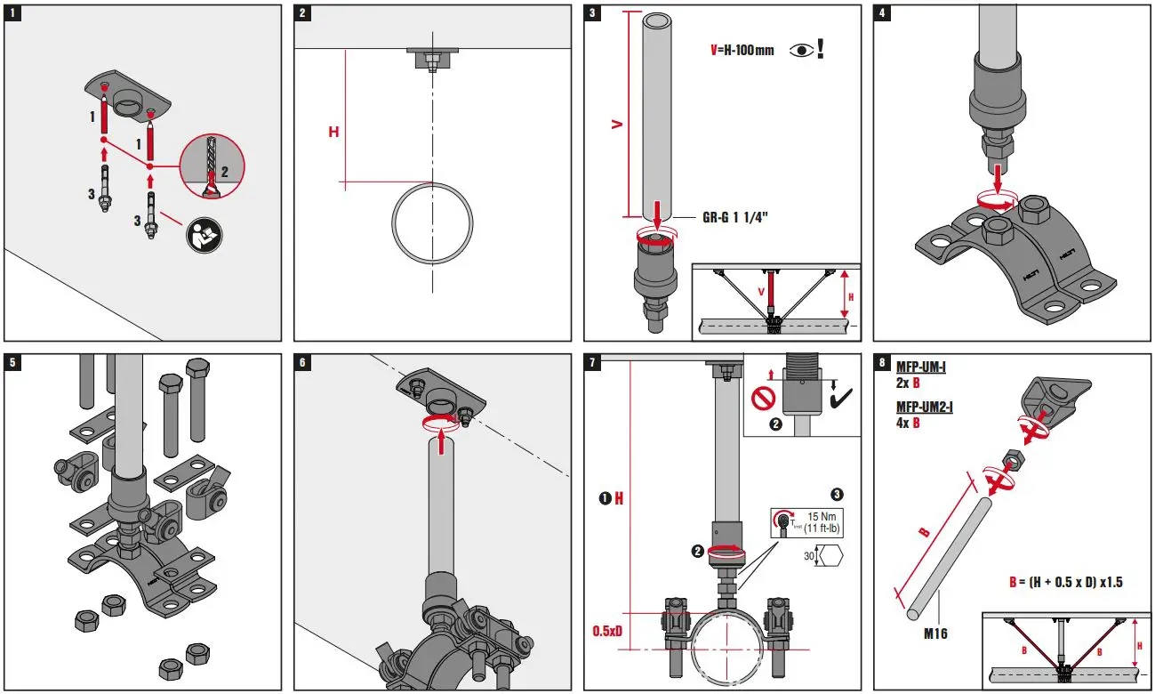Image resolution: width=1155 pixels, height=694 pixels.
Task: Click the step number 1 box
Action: (14, 14)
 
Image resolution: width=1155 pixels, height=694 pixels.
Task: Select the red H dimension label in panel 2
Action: (333, 132)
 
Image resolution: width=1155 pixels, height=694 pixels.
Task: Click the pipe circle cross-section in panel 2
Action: (433, 223)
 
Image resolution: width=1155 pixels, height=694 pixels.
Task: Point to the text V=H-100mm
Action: (742, 50)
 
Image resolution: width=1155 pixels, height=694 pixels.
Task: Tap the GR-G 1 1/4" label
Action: (734, 216)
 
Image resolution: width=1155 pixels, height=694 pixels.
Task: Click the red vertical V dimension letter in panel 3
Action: (615, 125)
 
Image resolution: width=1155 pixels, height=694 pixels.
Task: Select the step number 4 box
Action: (882, 14)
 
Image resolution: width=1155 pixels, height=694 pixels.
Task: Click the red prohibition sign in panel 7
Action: (764, 397)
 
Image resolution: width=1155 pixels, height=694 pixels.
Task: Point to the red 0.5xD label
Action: (609, 631)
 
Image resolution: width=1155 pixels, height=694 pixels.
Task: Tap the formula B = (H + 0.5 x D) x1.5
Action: (1066, 582)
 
